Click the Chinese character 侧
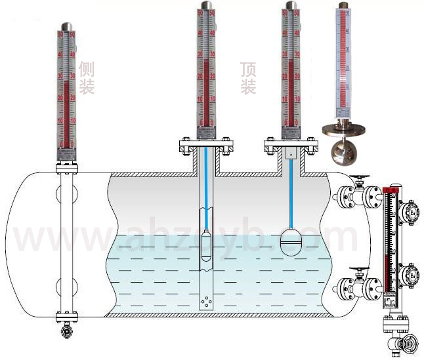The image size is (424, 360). coord(87,69)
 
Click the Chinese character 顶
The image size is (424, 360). coord(248,69)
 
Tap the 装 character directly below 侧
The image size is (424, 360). coord(87,87)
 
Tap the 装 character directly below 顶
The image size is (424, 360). coord(248,87)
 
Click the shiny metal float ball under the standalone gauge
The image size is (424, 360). coord(343,151)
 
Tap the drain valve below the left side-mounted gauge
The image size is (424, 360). coord(66,332)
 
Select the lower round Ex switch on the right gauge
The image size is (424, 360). coord(411,273)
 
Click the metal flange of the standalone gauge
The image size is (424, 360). coord(343,127)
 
